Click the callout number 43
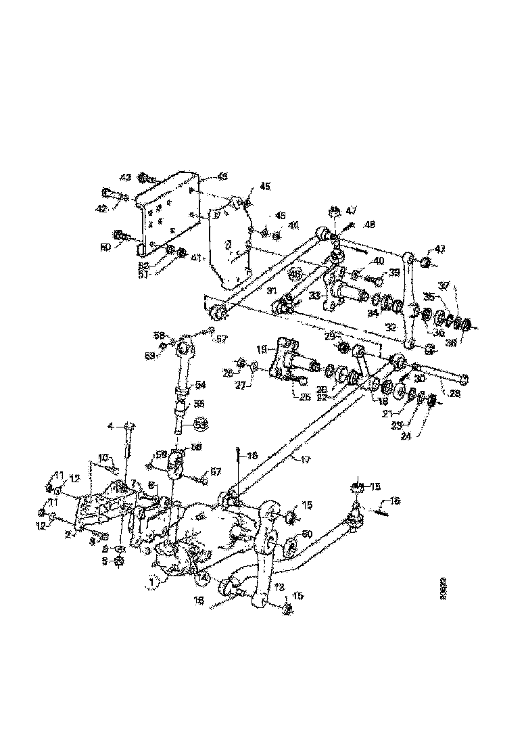click(x=125, y=177)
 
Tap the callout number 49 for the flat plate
click(x=222, y=176)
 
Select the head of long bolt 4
click(x=130, y=425)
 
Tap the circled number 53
click(x=201, y=424)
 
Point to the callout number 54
click(x=201, y=384)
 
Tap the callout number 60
click(x=307, y=534)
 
